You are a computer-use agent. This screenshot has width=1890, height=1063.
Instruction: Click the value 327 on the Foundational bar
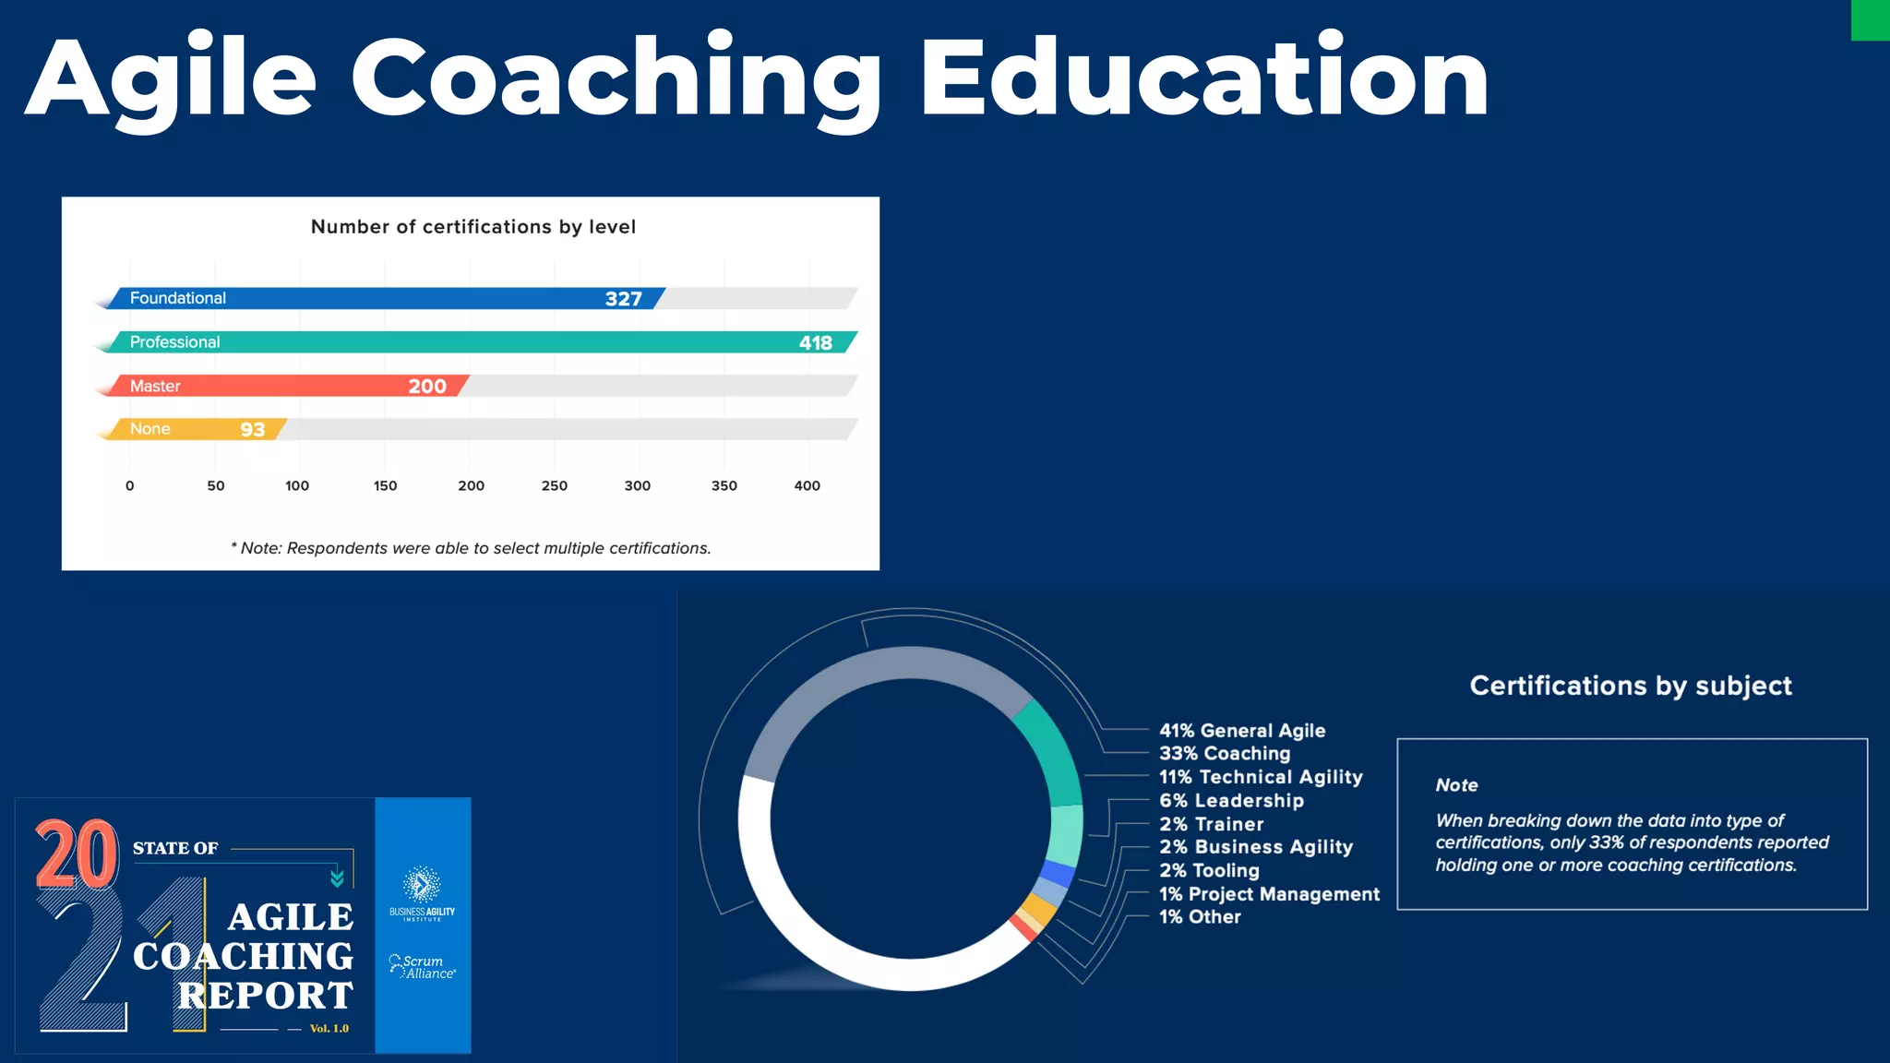click(x=623, y=299)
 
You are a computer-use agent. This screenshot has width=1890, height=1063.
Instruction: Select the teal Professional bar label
click(x=174, y=342)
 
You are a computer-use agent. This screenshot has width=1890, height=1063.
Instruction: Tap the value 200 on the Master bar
click(x=427, y=387)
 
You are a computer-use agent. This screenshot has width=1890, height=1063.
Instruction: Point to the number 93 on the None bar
click(x=252, y=430)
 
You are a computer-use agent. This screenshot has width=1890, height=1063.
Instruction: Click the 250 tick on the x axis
click(x=554, y=486)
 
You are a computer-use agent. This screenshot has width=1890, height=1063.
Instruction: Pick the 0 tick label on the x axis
click(x=130, y=486)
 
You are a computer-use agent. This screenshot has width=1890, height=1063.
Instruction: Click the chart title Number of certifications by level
click(x=472, y=227)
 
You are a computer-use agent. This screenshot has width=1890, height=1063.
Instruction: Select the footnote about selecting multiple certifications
click(x=471, y=548)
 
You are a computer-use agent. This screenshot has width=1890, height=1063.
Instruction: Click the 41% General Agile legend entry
click(x=1242, y=731)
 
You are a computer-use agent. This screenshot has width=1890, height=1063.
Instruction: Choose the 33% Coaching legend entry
click(x=1225, y=754)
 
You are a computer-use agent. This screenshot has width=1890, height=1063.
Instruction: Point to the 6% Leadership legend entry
click(x=1231, y=801)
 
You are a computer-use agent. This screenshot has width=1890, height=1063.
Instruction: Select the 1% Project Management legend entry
click(x=1269, y=894)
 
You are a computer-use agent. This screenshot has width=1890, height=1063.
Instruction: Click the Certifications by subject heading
click(x=1631, y=686)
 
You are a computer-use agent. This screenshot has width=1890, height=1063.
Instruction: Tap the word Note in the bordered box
click(x=1456, y=785)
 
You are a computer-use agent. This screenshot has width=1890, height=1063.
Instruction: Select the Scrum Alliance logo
click(x=423, y=966)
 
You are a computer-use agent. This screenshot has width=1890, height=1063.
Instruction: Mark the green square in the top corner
click(x=1871, y=19)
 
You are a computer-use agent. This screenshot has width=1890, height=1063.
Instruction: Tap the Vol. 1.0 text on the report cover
click(x=329, y=1029)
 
